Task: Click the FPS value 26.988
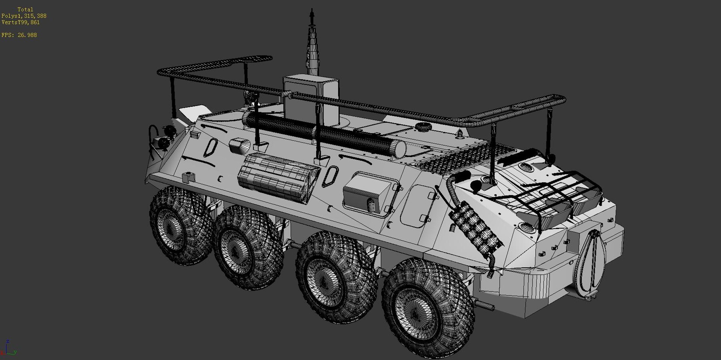(x=27, y=35)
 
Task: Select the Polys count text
(x=24, y=16)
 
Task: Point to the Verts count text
(x=21, y=22)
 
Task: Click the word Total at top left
(x=25, y=9)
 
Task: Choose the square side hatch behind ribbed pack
(x=370, y=195)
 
